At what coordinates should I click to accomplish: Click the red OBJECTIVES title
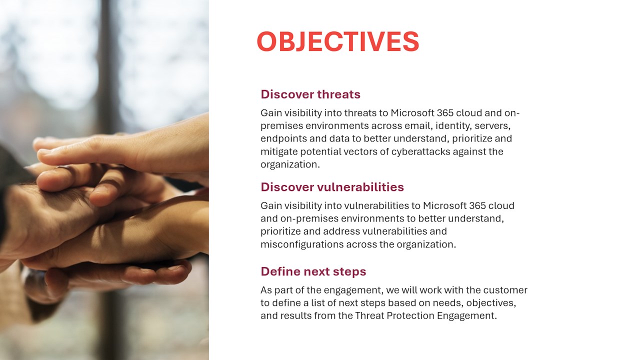point(337,41)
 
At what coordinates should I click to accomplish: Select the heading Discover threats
point(310,94)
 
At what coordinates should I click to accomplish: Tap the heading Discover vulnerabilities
point(332,187)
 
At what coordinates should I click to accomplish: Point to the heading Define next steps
point(313,271)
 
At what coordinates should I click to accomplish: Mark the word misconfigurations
point(301,244)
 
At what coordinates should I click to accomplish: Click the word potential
point(320,151)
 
